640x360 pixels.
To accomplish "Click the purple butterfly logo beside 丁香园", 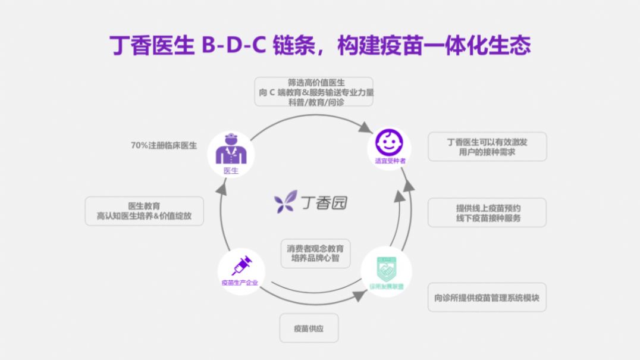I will coord(286,202).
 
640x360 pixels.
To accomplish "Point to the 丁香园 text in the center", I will coord(325,202).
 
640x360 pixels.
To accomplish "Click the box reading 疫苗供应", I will coord(309,328).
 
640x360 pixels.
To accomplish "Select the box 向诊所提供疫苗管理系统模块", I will coord(487,297).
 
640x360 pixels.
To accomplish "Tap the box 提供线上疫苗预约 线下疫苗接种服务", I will coord(487,212).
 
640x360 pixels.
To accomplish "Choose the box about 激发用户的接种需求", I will coord(487,146).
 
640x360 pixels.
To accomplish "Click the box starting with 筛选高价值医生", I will coord(313,92).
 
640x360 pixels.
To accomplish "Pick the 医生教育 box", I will coord(144,211).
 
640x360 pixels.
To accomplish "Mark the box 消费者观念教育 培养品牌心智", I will coord(315,253).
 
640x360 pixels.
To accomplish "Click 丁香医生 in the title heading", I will coord(144,45).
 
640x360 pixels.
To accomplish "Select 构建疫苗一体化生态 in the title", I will coord(433,45).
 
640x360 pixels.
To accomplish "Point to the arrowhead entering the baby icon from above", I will coord(365,127).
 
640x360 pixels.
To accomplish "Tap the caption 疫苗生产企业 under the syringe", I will coord(239,283).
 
